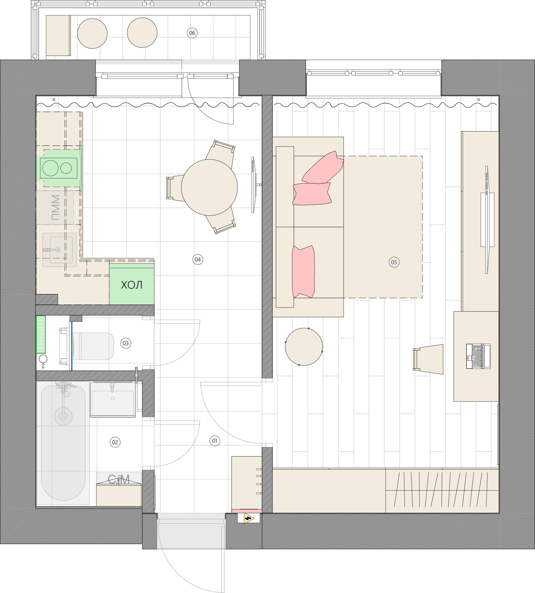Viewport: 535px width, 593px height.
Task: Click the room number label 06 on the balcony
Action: pos(192,33)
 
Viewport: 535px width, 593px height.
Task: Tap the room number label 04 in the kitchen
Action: pos(198,259)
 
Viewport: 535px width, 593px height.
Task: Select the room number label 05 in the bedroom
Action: pos(394,262)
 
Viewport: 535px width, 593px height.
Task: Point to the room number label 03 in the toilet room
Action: pos(126,343)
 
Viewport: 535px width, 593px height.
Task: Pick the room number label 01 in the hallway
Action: pos(215,441)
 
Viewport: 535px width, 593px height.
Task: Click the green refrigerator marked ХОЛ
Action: pos(132,284)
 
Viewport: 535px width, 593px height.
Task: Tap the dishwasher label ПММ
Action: pos(55,208)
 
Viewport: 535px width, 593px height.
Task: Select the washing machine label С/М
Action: pos(119,479)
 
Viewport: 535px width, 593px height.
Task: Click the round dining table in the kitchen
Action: pos(209,187)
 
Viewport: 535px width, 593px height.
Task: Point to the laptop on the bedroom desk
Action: pos(478,356)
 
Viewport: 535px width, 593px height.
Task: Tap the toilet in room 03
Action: pos(93,346)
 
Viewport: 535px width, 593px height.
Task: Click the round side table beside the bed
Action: pos(304,347)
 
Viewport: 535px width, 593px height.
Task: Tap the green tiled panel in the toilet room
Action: pos(41,334)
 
